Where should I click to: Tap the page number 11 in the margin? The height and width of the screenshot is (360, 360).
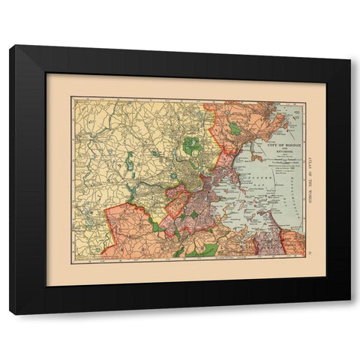[x=313, y=258]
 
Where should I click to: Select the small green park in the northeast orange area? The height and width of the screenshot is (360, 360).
[x=235, y=128]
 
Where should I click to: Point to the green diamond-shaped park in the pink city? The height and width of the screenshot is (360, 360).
[x=194, y=215]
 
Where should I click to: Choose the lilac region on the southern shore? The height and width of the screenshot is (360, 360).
[x=266, y=241]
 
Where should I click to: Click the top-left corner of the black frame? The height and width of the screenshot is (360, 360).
[x=11, y=46]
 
